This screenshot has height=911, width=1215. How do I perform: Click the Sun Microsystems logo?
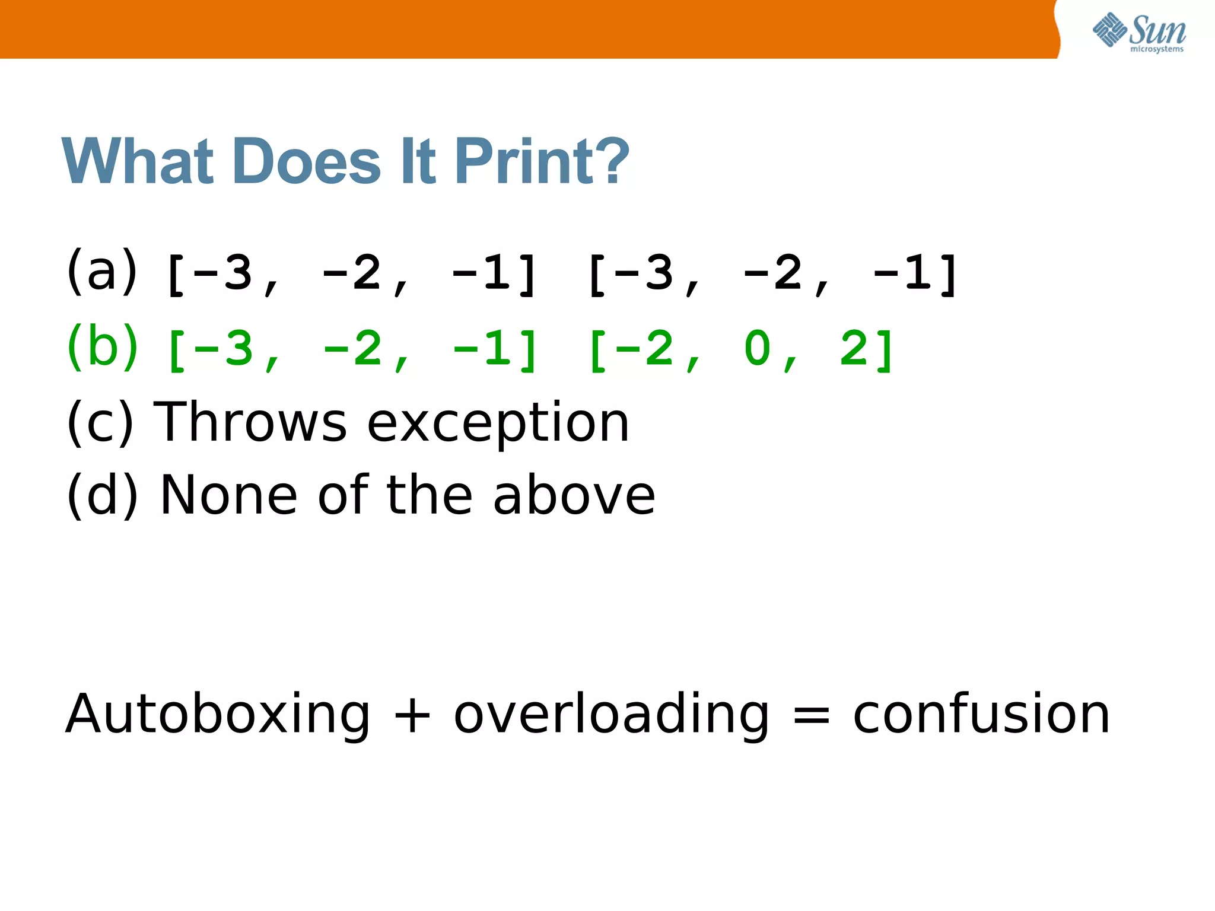[x=1139, y=33]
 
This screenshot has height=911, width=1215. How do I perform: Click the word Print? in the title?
[x=542, y=161]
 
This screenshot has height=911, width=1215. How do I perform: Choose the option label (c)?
[x=100, y=422]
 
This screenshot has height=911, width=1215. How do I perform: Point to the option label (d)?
[x=102, y=495]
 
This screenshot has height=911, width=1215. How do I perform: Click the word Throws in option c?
[x=250, y=422]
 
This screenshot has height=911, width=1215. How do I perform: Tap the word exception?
[x=498, y=423]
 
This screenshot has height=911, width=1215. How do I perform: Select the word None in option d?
[x=228, y=495]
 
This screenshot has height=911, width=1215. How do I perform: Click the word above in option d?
[x=574, y=495]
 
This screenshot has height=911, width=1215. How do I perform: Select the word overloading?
[x=612, y=715]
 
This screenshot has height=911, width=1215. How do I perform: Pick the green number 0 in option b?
[x=758, y=348]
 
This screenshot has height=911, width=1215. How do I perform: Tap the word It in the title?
[x=418, y=161]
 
